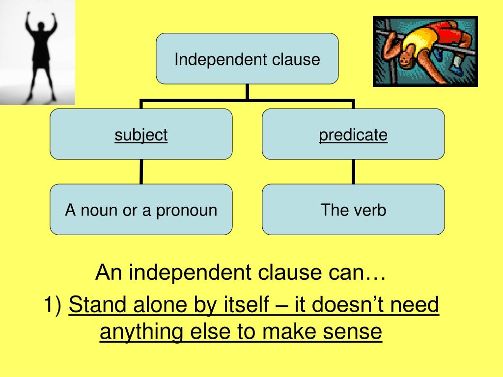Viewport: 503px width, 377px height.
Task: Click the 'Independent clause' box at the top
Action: [x=247, y=59]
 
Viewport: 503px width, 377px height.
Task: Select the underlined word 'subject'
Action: [x=141, y=135]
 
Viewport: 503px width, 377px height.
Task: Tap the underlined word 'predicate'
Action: [x=353, y=135]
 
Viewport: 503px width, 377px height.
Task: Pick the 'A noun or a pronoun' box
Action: [x=141, y=210]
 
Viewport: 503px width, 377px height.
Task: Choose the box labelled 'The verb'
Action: [x=353, y=210]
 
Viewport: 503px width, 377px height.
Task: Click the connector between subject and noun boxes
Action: [x=141, y=171]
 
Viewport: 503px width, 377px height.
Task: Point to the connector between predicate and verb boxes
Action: [x=353, y=171]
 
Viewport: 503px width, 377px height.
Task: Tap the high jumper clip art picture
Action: [x=425, y=52]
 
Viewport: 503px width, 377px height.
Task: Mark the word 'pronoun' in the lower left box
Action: [x=187, y=211]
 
